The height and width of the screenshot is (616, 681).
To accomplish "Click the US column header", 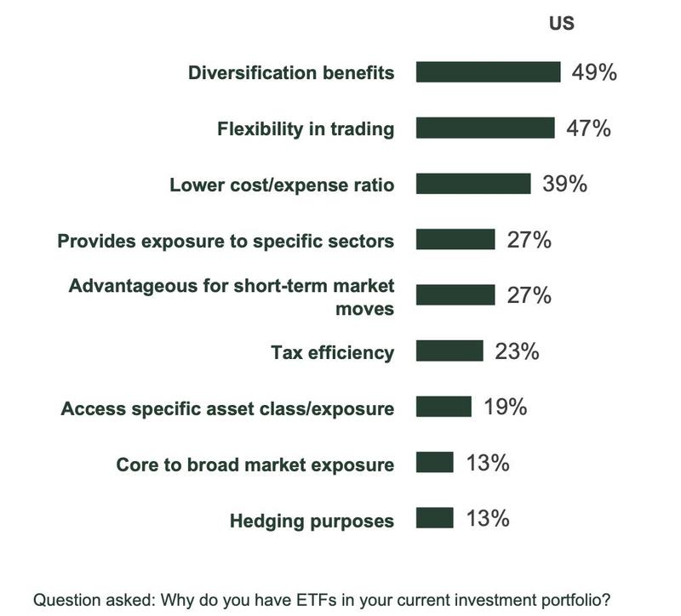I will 561,23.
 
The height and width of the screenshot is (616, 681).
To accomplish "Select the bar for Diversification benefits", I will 488,72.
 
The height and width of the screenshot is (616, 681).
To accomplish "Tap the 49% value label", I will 594,72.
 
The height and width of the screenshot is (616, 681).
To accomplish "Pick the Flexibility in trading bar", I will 485,128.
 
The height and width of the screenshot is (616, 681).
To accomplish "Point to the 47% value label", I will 589,128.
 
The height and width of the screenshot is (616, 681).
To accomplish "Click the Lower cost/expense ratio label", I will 282,185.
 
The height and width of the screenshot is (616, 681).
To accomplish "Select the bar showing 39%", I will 473,184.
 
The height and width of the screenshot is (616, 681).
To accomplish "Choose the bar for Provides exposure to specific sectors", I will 455,240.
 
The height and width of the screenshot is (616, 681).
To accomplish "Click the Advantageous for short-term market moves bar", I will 455,295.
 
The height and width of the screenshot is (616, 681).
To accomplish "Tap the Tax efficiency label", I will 332,352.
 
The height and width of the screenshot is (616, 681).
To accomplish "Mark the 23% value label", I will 517,351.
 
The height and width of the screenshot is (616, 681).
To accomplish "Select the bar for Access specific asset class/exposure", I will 444,407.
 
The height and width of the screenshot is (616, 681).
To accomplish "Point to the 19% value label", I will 505,407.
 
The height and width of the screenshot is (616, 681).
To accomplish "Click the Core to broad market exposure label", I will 255,465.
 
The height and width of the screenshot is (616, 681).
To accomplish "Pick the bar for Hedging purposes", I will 435,518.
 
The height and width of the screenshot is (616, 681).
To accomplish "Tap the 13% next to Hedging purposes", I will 488,518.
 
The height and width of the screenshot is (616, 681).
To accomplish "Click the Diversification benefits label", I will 291,72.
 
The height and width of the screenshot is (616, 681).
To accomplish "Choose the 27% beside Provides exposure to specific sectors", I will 529,240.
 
